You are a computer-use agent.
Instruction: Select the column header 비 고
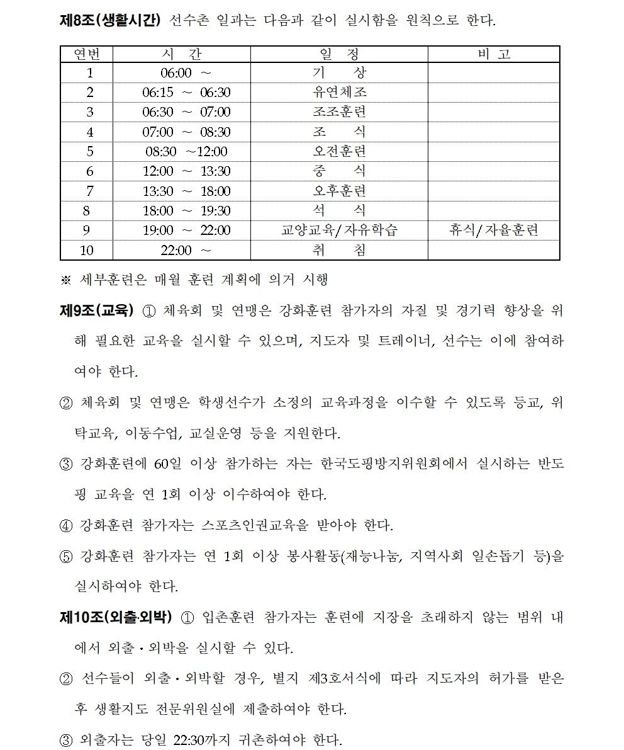coord(494,54)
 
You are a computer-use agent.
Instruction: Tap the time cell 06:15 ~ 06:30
coord(186,93)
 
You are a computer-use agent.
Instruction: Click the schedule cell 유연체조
coord(340,93)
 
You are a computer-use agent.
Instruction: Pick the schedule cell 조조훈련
coord(340,112)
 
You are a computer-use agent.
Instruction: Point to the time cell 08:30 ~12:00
coord(186,152)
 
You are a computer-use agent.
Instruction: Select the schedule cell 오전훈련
coord(340,152)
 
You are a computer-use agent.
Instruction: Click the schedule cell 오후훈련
coord(340,191)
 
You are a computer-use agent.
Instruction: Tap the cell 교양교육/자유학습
coord(340,230)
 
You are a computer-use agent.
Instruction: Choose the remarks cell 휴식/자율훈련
coord(494,230)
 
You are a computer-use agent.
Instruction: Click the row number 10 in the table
coord(87,251)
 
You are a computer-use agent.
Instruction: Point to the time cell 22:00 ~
coord(186,251)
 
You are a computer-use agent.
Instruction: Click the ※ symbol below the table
coord(65,279)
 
